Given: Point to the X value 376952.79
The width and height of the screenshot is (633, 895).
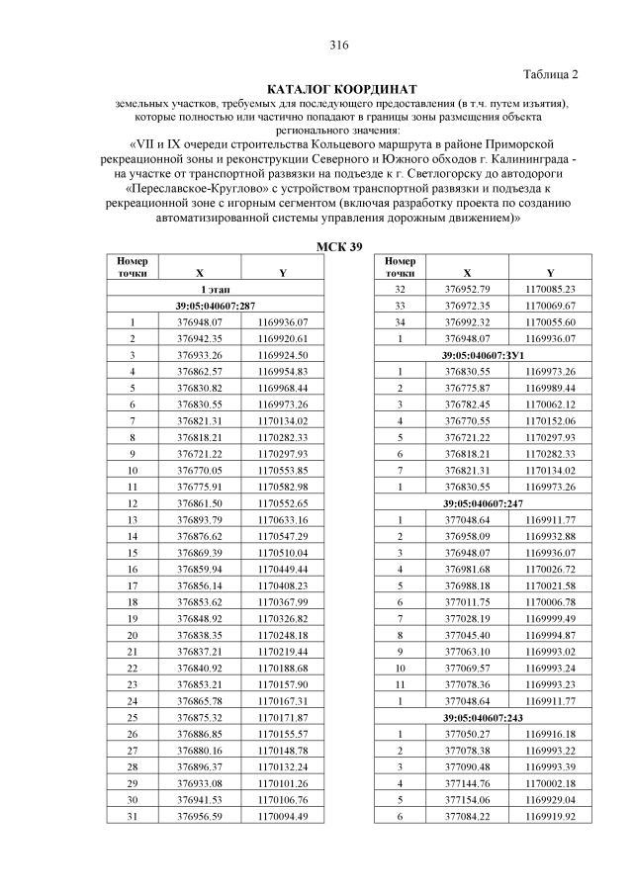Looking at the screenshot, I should click(x=467, y=290).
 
